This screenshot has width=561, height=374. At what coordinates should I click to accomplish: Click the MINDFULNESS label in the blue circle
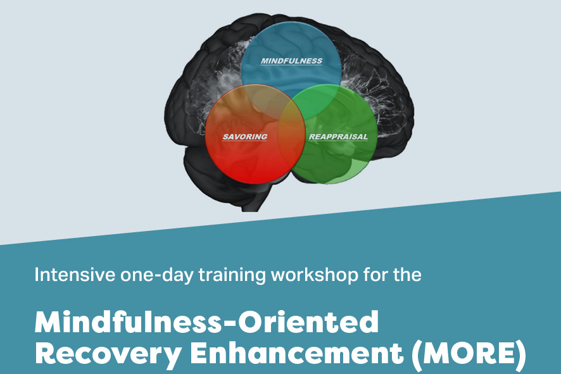click(x=291, y=61)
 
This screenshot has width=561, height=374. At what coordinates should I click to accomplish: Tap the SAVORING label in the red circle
click(x=245, y=137)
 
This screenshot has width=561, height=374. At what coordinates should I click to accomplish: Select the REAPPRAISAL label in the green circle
click(x=338, y=137)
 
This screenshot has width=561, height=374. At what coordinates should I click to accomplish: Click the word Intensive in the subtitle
click(x=75, y=275)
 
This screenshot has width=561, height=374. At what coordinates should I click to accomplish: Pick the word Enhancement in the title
click(x=296, y=353)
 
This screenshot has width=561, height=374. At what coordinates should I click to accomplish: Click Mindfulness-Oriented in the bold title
click(x=206, y=322)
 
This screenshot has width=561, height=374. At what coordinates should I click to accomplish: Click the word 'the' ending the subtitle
click(x=407, y=275)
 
